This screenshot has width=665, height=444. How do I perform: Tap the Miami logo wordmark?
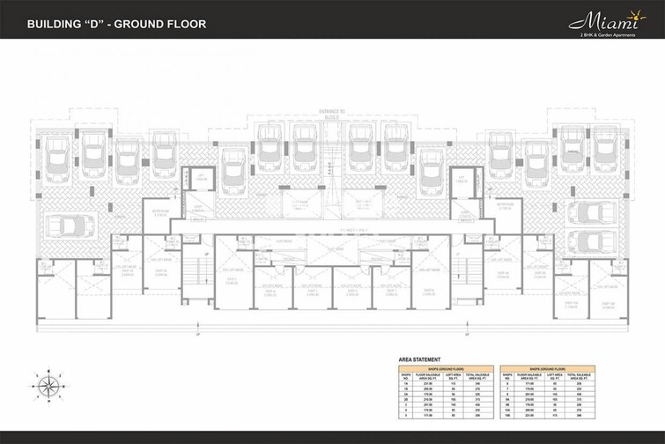(x=611, y=19)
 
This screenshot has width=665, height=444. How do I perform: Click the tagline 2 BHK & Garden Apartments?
(x=613, y=33)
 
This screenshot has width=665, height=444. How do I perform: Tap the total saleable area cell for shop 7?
(x=586, y=388)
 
